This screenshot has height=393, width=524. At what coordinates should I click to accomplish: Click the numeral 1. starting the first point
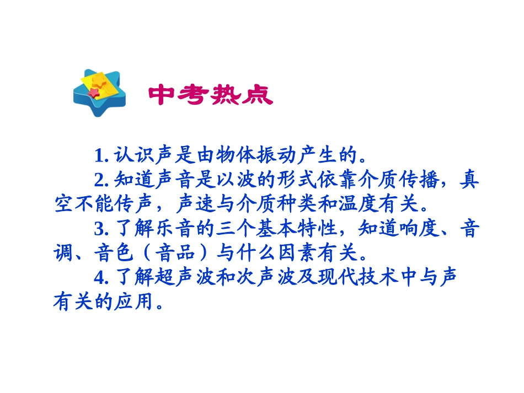(100, 155)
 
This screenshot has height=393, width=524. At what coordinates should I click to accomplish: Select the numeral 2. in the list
(100, 180)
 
